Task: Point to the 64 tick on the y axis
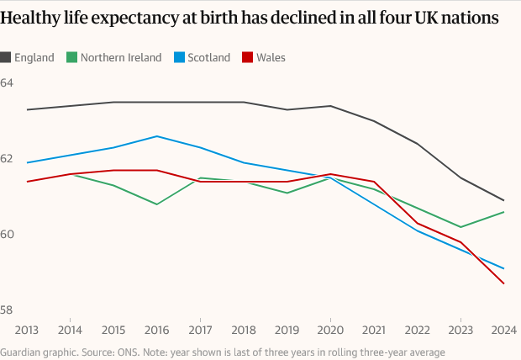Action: coord(8,83)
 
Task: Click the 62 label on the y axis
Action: coord(8,159)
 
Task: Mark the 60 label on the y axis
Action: coord(8,235)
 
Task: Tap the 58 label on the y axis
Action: coord(8,310)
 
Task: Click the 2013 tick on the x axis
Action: coord(27,330)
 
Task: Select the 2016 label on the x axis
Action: coord(156,330)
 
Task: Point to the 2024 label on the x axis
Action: coord(503,330)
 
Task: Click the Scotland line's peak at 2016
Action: coord(156,136)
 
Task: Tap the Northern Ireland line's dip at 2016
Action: coord(156,204)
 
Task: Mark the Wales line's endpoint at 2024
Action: coord(503,283)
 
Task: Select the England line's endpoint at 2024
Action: coord(503,200)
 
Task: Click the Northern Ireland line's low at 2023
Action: coord(460,227)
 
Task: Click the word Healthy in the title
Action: coord(33,17)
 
